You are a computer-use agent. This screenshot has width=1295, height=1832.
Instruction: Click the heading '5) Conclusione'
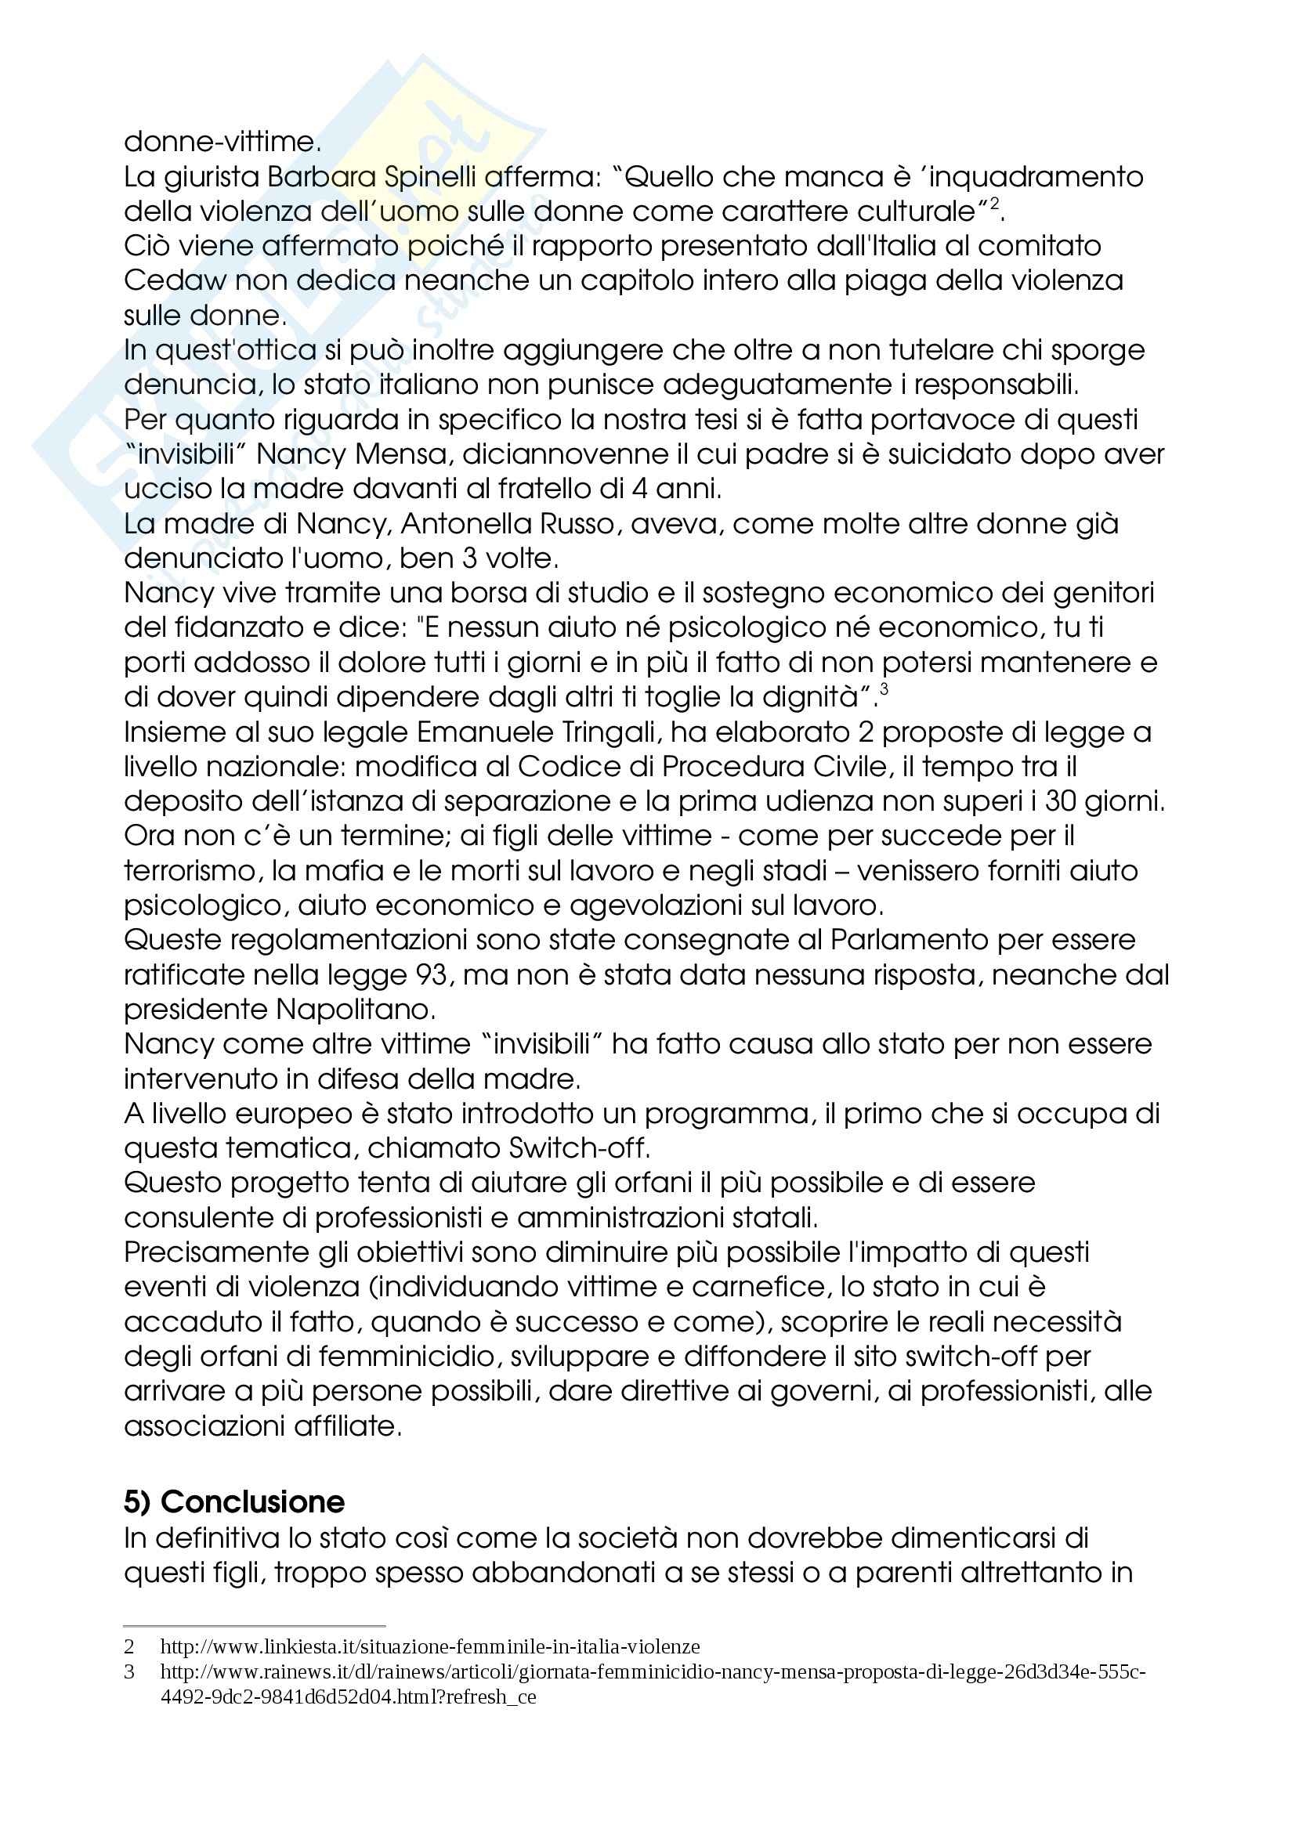(233, 1501)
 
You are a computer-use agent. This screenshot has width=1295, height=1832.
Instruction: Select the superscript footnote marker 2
(994, 205)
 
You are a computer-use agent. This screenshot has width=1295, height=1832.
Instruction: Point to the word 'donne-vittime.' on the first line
(222, 142)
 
